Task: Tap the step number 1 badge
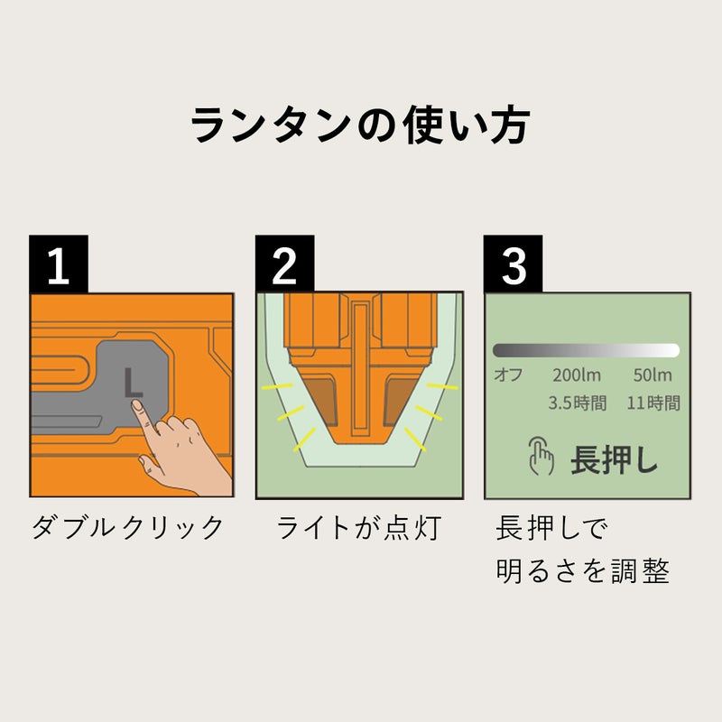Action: pos(59,264)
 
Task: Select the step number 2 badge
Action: pos(284,264)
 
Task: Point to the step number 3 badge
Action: pos(513,264)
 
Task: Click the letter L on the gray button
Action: pos(133,382)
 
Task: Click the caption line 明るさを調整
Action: pos(582,571)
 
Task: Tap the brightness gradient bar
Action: pos(586,350)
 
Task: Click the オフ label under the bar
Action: pos(506,375)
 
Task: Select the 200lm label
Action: pos(579,375)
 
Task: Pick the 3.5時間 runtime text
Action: pos(578,403)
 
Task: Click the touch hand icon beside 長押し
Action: pos(541,458)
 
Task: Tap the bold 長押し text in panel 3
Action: pos(615,459)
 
